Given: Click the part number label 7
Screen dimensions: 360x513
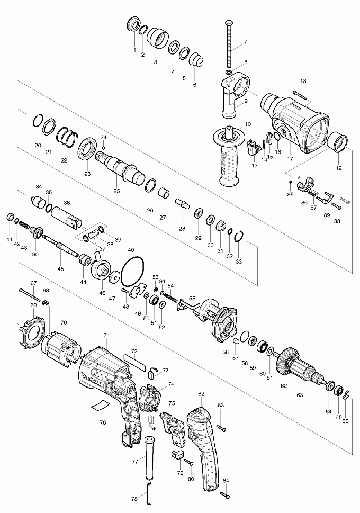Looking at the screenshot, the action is [246, 41].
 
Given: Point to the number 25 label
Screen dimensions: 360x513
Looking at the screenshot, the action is [116, 191].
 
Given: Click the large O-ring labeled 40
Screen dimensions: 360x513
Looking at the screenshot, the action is [133, 272].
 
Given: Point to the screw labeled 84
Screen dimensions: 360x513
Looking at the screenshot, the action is [225, 496].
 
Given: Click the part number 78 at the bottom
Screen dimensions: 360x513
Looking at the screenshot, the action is [134, 499].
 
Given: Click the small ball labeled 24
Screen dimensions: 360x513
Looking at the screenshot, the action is [103, 148].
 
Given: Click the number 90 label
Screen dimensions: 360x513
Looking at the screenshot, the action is [35, 254].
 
